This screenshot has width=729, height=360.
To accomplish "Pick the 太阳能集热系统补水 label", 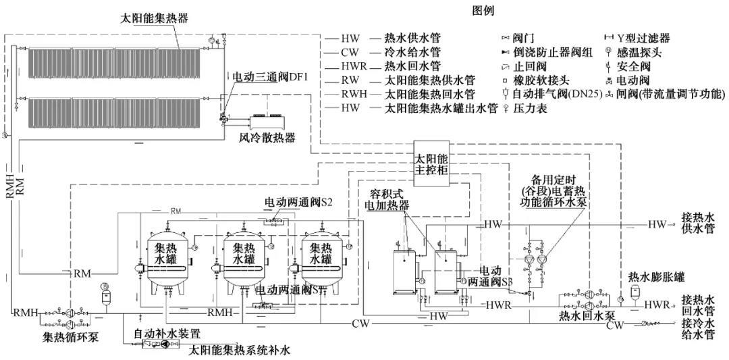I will pyautogui.click(x=239, y=350).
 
